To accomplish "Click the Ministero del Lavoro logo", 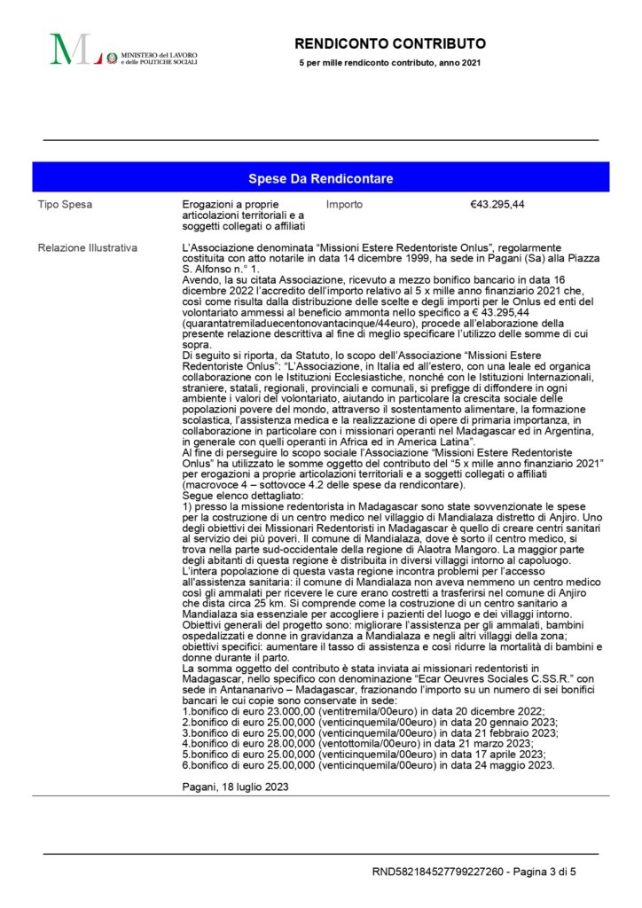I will (x=123, y=50).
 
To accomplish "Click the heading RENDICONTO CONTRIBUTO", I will (x=390, y=43).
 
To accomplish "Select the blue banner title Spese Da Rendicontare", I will (x=321, y=178).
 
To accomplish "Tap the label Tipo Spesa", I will (x=65, y=205).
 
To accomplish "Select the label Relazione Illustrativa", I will (x=87, y=247).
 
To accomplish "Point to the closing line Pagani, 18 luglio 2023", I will (x=234, y=786).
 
